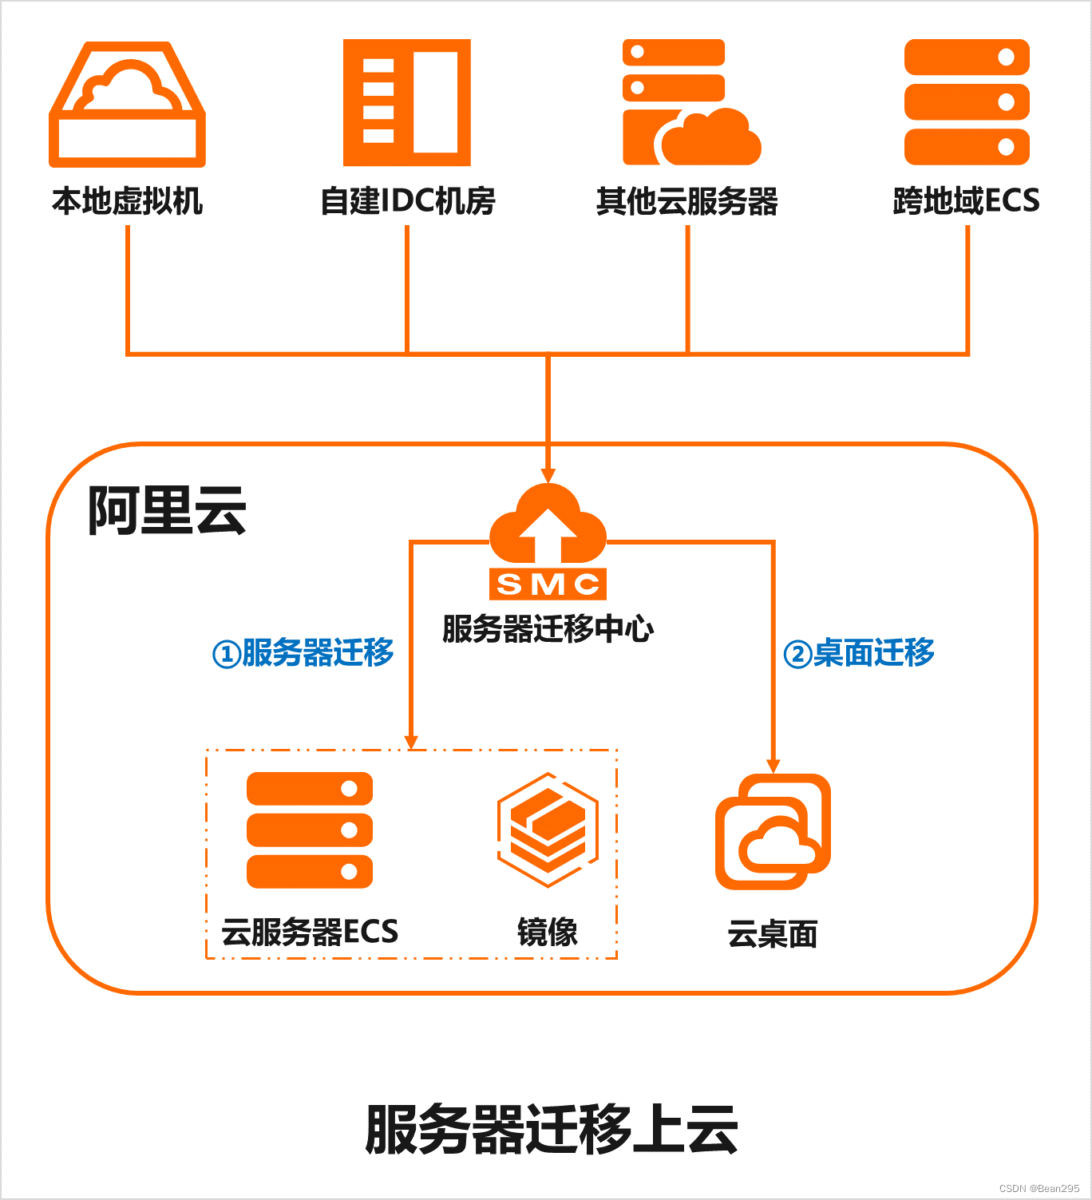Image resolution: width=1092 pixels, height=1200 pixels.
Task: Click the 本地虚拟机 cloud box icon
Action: pyautogui.click(x=128, y=105)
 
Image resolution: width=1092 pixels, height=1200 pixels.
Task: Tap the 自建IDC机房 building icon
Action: pyautogui.click(x=407, y=102)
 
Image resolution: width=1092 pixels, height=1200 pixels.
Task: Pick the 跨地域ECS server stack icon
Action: pyautogui.click(x=967, y=102)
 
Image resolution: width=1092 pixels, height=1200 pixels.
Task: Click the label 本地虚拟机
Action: pyautogui.click(x=128, y=200)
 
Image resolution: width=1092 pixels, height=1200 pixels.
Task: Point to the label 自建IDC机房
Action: pyautogui.click(x=407, y=200)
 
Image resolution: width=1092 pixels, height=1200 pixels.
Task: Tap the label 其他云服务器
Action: pyautogui.click(x=687, y=201)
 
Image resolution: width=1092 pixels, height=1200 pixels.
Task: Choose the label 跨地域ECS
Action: pyautogui.click(x=966, y=200)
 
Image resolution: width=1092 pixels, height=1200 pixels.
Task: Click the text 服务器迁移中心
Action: pyautogui.click(x=548, y=629)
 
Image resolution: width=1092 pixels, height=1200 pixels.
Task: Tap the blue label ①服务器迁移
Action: pyautogui.click(x=303, y=653)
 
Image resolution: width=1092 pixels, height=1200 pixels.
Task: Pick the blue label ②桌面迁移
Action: pyautogui.click(x=859, y=653)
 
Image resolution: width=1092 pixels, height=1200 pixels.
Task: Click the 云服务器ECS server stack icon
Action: pyautogui.click(x=310, y=830)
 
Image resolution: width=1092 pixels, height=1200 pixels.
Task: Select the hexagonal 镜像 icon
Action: pyautogui.click(x=548, y=830)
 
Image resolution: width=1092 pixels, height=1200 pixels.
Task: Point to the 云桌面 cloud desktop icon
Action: pyautogui.click(x=773, y=832)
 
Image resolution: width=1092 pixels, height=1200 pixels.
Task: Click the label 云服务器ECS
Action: pyautogui.click(x=310, y=932)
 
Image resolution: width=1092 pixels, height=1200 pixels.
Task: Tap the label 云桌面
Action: pyautogui.click(x=773, y=934)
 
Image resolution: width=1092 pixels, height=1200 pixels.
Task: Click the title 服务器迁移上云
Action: pyautogui.click(x=551, y=1130)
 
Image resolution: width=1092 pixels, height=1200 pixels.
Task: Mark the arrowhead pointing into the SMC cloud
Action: pyautogui.click(x=548, y=475)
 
